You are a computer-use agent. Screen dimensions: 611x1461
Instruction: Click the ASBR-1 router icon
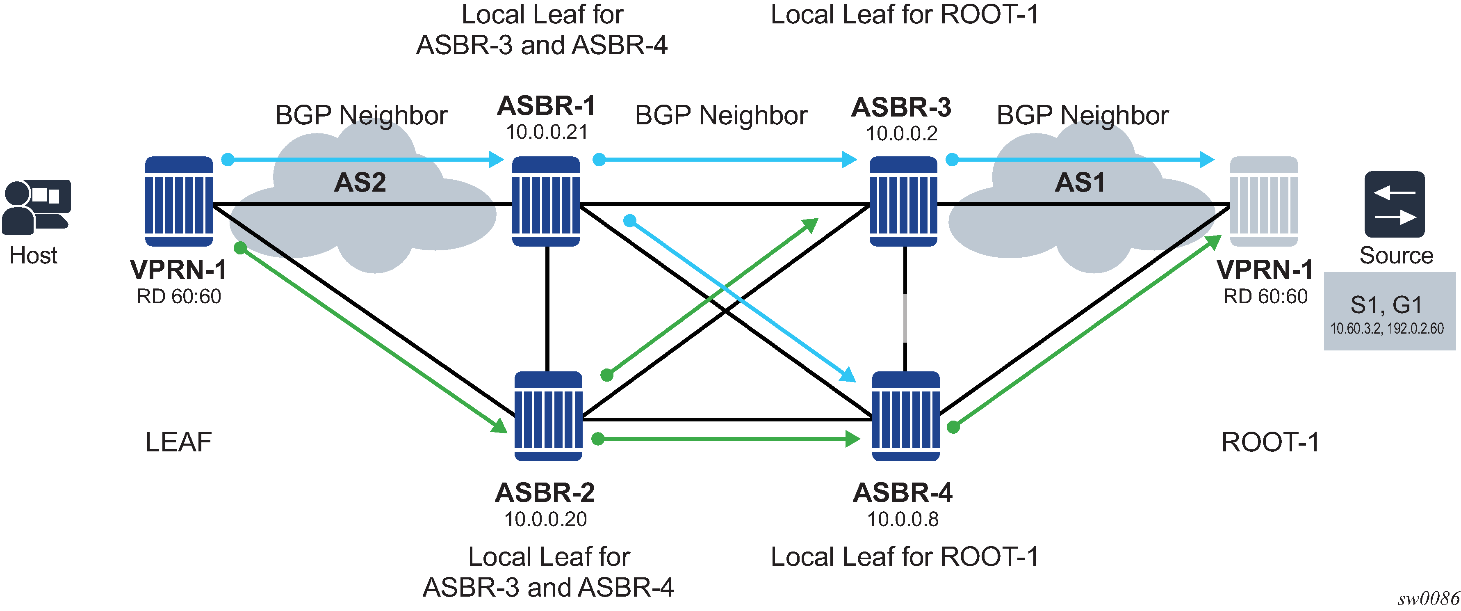546,201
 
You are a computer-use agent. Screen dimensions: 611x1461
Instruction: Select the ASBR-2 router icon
548,416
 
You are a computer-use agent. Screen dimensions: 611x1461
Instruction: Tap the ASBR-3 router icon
903,201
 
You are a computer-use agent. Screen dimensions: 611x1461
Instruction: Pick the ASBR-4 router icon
905,416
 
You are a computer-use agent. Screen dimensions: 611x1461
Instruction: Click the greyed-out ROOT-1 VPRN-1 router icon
1264,201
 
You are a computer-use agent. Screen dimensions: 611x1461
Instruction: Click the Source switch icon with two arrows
1394,204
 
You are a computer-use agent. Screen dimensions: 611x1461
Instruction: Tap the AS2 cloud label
360,183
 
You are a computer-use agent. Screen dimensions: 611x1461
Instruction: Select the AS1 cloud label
1080,183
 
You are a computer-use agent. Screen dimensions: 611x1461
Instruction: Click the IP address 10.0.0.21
546,132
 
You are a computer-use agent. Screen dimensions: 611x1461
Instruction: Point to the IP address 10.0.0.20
546,519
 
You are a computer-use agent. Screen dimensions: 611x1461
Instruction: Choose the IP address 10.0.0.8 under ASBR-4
903,519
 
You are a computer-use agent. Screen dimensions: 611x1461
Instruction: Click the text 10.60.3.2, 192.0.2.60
1387,328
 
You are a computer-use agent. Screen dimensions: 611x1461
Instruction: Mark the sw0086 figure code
1427,599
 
